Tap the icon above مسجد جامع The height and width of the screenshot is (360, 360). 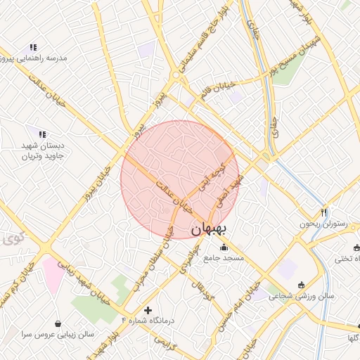point(224,247)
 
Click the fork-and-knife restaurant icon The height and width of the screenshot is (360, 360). point(323,212)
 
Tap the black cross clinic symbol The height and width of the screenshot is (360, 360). point(148,310)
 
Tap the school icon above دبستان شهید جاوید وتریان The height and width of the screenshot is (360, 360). point(41,134)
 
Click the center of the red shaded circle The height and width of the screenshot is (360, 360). point(180,180)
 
